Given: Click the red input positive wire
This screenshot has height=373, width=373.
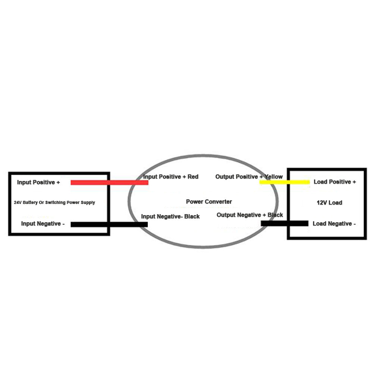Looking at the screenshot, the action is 109,182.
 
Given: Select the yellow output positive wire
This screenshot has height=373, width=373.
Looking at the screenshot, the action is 285,182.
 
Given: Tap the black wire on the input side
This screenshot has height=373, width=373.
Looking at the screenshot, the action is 109,224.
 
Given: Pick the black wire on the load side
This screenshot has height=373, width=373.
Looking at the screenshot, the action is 285,223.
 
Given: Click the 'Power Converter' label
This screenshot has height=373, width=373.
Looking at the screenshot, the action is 209,202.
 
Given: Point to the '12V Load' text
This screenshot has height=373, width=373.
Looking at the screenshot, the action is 329,203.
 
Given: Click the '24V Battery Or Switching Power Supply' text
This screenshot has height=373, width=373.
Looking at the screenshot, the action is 54,203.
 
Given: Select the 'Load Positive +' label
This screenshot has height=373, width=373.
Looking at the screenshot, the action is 335,182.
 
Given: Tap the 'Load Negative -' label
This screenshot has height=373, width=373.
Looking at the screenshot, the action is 334,223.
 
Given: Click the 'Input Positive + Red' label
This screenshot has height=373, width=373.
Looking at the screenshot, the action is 171,177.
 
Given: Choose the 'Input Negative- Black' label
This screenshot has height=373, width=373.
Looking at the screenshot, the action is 170,216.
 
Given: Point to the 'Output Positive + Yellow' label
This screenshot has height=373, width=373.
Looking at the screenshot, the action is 249,177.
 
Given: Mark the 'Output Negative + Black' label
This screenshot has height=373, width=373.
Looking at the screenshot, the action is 250,215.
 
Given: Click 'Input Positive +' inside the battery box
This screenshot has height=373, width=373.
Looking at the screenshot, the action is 38,182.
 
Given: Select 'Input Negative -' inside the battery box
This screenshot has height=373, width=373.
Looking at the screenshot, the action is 43,223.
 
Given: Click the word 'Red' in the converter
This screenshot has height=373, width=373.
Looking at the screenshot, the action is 193,177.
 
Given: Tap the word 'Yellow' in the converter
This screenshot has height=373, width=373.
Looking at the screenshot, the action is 273,177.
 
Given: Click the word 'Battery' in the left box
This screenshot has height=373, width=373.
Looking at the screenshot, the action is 30,203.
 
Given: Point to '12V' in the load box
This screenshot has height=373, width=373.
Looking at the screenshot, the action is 322,203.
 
